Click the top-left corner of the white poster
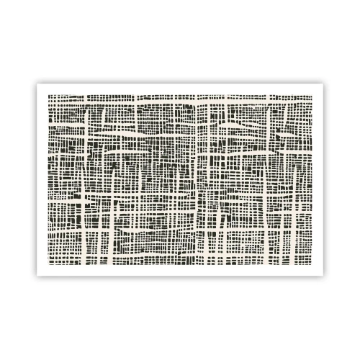coord(37,84)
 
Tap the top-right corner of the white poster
coord(322,84)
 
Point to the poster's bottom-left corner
coord(37,274)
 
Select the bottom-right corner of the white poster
coord(322,274)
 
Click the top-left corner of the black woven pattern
coord(48,94)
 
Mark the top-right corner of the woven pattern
coord(312,94)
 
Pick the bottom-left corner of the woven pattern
coord(48,265)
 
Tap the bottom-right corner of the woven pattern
coord(312,265)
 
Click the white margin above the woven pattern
coord(180,89)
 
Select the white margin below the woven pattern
coord(180,270)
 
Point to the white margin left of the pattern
coord(42,180)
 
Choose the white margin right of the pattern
coord(318,180)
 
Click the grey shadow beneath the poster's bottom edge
coord(180,276)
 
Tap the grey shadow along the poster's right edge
coord(323,180)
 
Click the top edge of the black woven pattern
coord(180,95)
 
